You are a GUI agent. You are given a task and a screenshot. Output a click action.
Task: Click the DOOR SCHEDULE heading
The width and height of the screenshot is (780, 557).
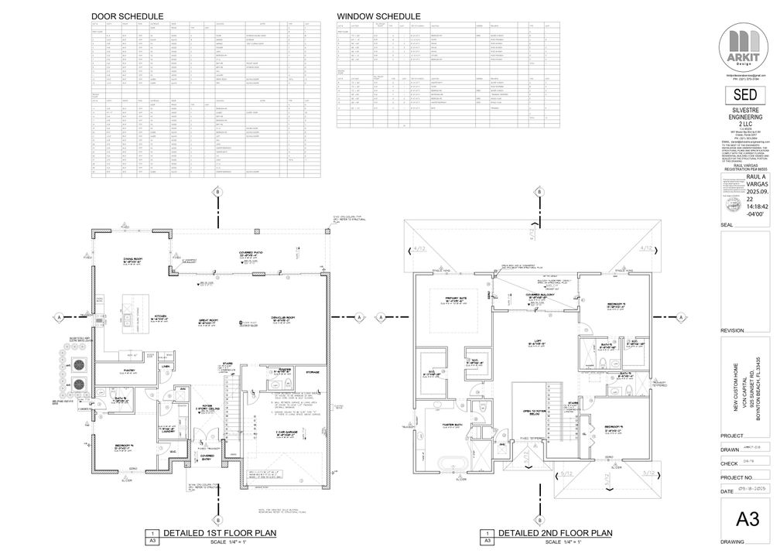(127, 16)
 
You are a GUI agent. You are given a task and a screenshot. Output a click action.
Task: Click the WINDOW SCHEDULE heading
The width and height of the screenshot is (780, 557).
(378, 16)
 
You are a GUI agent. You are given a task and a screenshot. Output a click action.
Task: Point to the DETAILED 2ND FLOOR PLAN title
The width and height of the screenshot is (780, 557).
(556, 533)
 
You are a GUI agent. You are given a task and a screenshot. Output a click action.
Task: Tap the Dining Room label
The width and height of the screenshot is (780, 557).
(135, 260)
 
